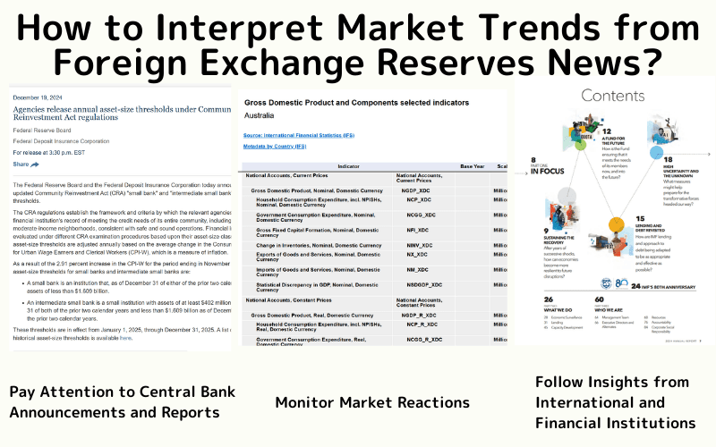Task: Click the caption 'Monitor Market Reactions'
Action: pos(371,401)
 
